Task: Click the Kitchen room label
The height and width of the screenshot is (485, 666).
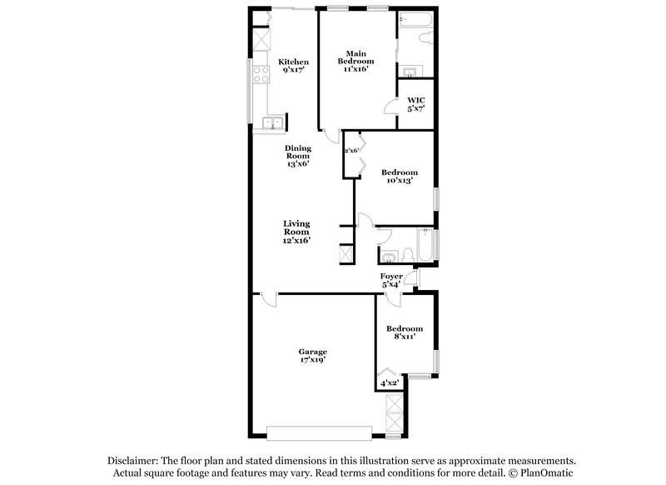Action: pos(293,66)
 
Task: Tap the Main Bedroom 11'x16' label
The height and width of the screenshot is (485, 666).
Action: pos(355,61)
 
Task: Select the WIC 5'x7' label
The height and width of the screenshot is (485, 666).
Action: pos(416,104)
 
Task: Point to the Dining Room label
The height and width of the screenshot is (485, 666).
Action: pos(298,156)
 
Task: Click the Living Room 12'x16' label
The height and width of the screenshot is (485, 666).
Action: pos(296,232)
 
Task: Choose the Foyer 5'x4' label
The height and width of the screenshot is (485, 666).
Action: pos(391,279)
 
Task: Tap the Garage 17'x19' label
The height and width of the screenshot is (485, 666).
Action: pos(312,355)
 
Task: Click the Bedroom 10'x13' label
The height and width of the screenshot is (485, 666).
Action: pos(399,176)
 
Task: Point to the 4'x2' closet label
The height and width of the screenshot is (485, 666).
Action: pos(390,382)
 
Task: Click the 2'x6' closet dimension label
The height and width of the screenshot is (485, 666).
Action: pos(351,150)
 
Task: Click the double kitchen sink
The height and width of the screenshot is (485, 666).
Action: pos(271,125)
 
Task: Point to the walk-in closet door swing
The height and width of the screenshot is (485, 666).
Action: pos(390,105)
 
